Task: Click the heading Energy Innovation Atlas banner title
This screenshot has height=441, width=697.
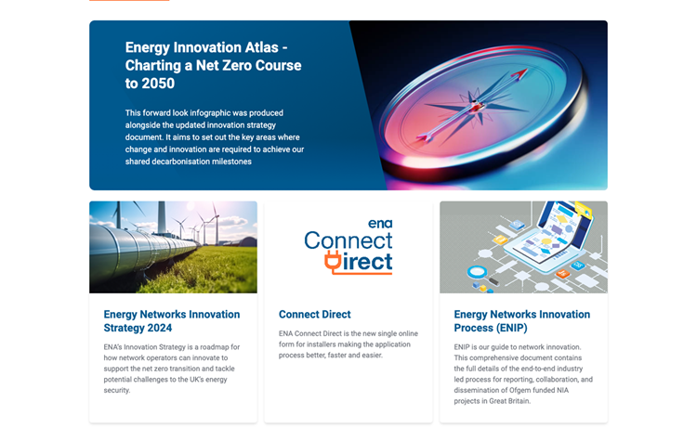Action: pos(214,65)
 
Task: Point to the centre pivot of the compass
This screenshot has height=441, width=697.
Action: pos(477,106)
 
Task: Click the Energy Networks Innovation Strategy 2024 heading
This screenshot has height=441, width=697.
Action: pos(172,321)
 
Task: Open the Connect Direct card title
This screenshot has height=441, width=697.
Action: pos(315,315)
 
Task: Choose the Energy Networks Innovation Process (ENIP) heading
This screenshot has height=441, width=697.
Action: pos(522,321)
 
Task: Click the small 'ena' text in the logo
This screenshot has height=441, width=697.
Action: pos(380,224)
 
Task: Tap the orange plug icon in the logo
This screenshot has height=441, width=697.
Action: pos(333,261)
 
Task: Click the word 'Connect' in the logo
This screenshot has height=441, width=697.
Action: pos(348,240)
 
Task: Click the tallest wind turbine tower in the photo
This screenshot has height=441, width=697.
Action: pos(162,217)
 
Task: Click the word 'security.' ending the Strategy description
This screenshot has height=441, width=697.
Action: pos(117,390)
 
